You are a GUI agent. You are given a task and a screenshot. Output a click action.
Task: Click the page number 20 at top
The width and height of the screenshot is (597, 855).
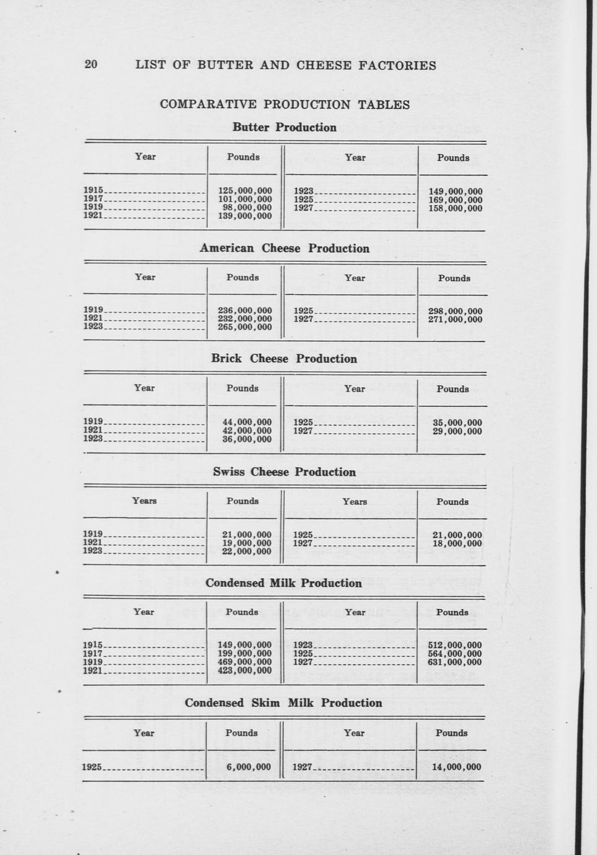91,64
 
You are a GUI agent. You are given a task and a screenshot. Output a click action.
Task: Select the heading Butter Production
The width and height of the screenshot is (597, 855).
285,128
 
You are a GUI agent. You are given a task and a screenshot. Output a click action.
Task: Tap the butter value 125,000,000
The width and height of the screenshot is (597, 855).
245,191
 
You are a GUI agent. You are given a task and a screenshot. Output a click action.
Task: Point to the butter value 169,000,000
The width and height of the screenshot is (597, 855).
455,200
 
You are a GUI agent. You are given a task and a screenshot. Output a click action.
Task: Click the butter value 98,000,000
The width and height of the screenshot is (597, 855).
247,208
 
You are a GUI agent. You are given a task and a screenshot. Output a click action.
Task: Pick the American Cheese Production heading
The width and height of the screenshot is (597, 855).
285,248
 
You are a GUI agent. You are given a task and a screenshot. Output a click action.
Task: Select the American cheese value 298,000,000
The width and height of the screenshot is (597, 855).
455,311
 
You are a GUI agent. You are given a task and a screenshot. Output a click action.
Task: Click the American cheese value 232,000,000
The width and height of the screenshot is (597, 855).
245,319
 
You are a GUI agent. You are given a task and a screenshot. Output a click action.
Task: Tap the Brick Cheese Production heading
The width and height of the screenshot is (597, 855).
284,359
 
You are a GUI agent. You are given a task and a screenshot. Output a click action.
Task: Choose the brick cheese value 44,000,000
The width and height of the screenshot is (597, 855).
247,423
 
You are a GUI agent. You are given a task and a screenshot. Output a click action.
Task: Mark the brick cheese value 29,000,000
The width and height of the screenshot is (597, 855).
457,431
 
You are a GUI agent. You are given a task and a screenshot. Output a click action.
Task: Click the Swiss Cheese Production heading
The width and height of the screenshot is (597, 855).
285,472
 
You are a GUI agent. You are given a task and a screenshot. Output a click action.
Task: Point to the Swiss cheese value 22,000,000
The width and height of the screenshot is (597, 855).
247,551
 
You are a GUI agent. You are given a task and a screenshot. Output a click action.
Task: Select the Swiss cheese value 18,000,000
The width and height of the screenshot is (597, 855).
457,543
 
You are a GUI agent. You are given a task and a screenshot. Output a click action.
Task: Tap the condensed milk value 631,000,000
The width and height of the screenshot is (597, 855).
454,662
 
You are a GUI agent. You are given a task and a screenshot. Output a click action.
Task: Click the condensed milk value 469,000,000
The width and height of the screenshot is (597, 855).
245,662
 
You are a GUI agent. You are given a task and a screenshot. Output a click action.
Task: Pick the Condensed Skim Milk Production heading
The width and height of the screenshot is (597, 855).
283,703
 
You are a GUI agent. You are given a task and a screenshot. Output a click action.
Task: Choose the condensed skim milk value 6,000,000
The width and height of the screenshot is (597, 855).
249,767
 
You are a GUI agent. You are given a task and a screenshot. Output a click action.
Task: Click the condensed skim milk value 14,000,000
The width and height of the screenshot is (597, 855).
456,767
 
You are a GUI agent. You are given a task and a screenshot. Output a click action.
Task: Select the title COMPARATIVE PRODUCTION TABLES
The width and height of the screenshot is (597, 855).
285,105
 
